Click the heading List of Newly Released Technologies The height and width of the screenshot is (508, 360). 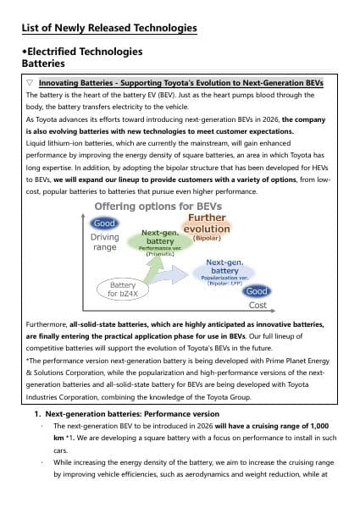pos(108,29)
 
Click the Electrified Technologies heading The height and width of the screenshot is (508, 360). pos(82,52)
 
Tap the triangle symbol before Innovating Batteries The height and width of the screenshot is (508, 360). pos(30,83)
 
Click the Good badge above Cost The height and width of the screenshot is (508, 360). pos(256,291)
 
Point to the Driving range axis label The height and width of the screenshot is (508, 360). pos(105,242)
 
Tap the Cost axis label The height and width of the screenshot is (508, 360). pos(258,305)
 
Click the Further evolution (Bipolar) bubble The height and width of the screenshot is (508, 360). pos(207,227)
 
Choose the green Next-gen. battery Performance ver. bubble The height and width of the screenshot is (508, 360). pos(158,241)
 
